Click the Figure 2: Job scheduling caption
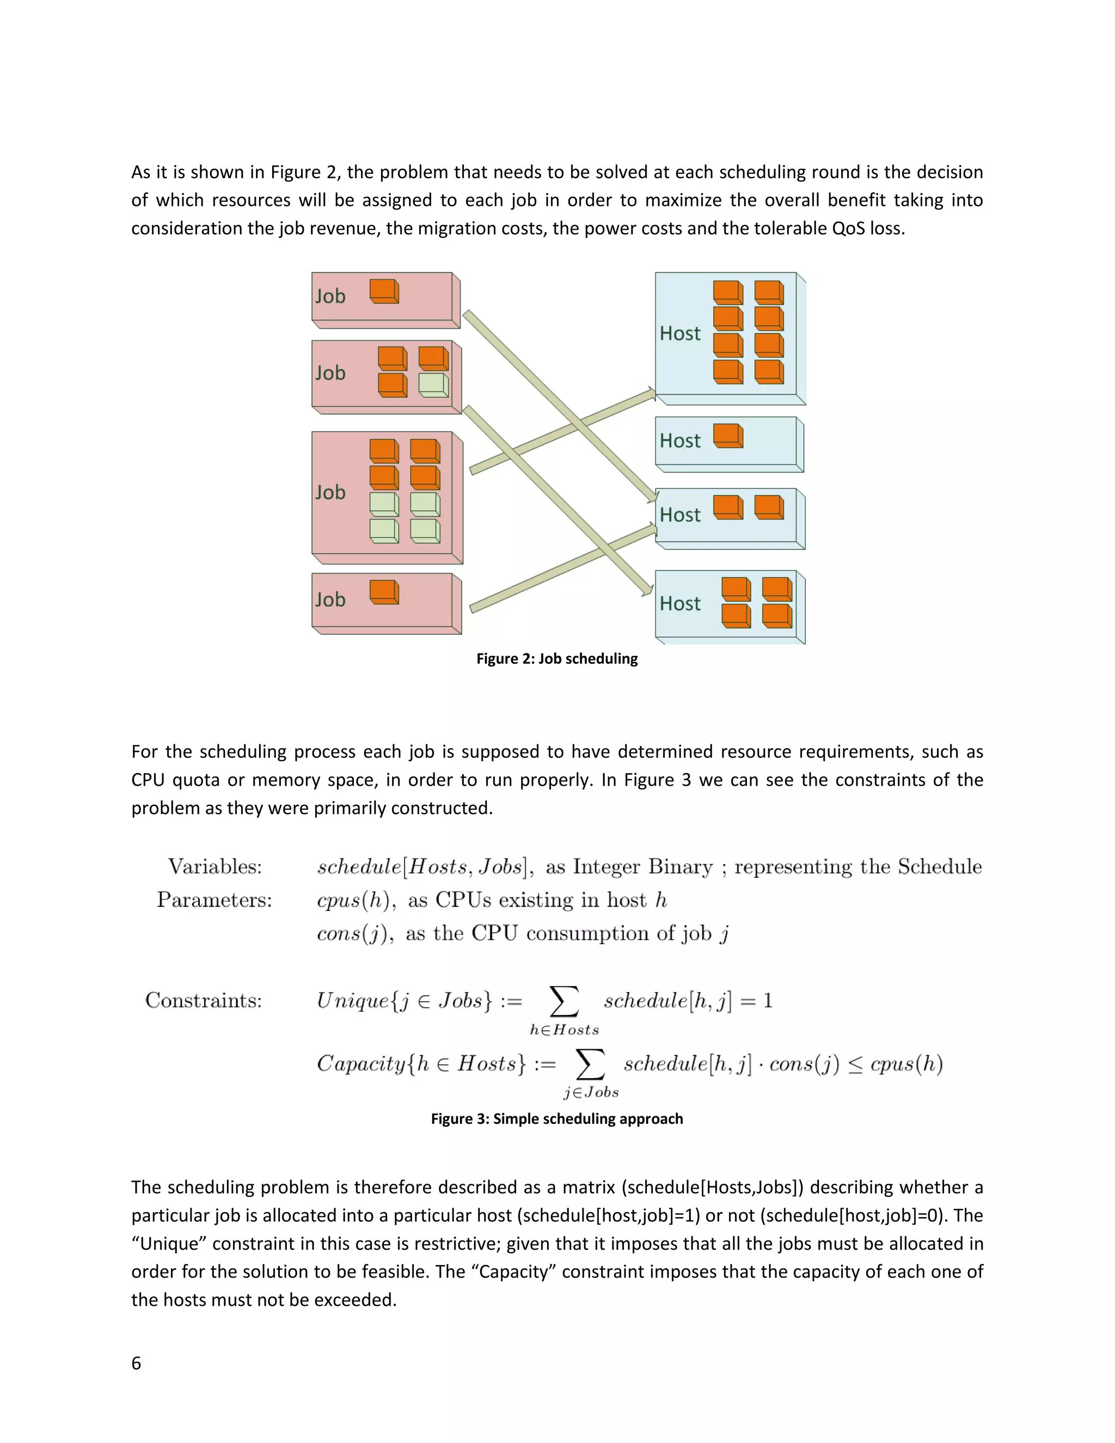557,659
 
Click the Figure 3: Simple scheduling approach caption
557,1118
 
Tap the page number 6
136,1363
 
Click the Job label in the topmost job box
330,296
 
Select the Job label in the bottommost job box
330,600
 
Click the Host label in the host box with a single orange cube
679,441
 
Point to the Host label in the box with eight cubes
679,334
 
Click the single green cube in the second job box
433,385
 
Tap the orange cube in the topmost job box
384,291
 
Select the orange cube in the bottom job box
384,592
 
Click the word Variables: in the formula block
215,867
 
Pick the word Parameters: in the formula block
214,900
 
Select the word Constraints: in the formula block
204,1000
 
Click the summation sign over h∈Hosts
564,1001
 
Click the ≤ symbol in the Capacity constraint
855,1065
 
